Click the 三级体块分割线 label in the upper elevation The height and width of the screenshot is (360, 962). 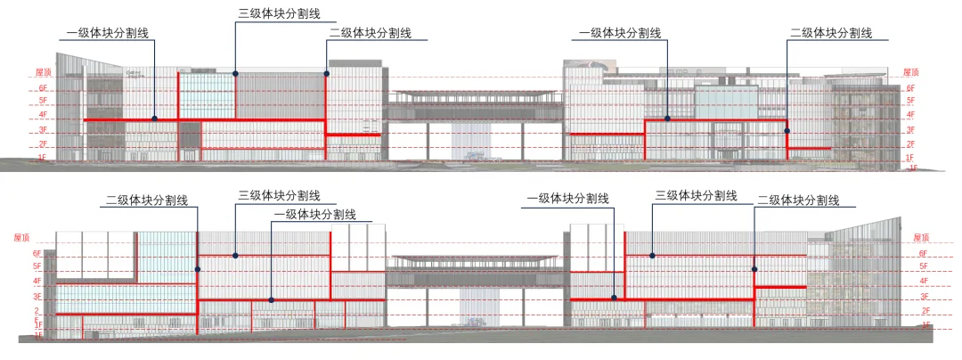(279, 15)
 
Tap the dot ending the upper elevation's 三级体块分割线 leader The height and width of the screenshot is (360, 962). (235, 72)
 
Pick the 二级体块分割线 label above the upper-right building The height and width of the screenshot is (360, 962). (830, 33)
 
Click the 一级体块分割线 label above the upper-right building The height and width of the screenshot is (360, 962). (620, 33)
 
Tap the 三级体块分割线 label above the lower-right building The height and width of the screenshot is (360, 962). (697, 195)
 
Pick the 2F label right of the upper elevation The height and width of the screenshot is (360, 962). (910, 143)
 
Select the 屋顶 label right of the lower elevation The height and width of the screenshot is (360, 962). (922, 239)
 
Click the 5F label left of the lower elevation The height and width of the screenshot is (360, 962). (37, 266)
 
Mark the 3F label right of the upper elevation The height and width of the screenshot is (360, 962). (910, 129)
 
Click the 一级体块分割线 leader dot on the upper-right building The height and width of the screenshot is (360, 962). (667, 118)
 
